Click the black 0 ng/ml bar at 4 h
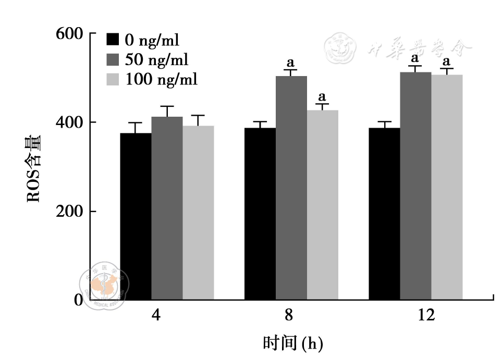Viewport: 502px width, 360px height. click(136, 216)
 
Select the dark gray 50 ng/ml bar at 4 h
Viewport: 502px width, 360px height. click(167, 208)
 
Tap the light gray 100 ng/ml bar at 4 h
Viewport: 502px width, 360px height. click(198, 213)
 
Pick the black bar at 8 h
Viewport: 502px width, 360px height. click(260, 214)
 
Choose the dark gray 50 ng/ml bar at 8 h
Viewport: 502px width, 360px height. click(291, 188)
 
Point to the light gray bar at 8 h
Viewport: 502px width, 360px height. click(322, 205)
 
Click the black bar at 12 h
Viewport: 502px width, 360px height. click(384, 214)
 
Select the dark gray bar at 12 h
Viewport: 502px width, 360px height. click(415, 185)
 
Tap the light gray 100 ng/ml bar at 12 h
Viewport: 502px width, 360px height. click(447, 187)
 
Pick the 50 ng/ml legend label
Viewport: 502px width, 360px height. click(156, 60)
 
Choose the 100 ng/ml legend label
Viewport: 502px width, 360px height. click(161, 80)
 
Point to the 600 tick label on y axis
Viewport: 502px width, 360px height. click(69, 34)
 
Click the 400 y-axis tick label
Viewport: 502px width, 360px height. click(69, 123)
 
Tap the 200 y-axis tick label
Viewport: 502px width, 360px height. click(69, 212)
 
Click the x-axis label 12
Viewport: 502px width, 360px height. click(426, 316)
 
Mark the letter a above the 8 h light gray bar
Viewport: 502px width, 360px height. click(322, 97)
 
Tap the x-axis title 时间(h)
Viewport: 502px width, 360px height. click(293, 343)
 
